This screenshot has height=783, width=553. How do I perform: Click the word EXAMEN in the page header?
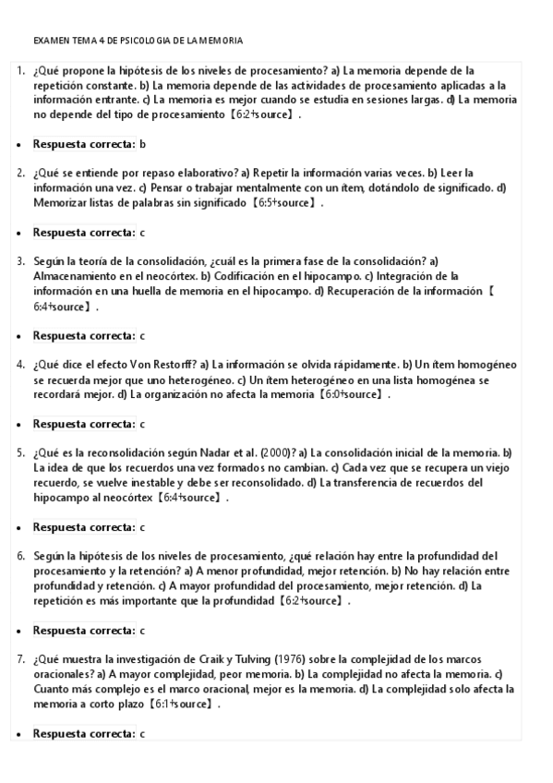48,42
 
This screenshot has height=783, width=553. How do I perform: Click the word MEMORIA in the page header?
222,42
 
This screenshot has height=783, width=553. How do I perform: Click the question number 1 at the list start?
19,70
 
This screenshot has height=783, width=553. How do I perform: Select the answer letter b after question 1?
142,144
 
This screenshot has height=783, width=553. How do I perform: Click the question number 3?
19,261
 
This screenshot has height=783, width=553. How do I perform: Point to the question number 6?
19,556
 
